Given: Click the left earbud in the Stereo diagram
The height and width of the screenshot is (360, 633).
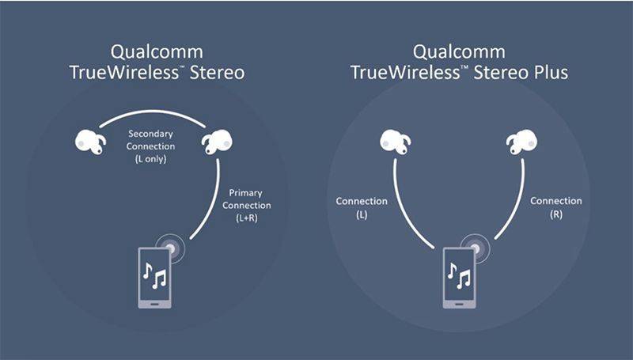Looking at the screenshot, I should pyautogui.click(x=89, y=142).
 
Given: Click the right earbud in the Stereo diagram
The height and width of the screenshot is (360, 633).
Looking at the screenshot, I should pyautogui.click(x=216, y=143).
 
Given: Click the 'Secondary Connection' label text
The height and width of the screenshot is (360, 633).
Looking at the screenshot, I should pyautogui.click(x=151, y=141).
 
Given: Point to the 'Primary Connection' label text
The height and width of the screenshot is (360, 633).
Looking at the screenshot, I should pyautogui.click(x=246, y=199).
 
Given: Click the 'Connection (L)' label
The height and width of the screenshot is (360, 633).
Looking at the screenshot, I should pyautogui.click(x=361, y=207).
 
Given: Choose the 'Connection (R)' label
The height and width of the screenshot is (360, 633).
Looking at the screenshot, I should pyautogui.click(x=555, y=207).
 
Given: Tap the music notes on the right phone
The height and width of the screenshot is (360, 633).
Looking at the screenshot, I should pyautogui.click(x=458, y=277).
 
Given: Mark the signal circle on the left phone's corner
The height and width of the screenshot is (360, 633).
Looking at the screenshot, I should pyautogui.click(x=172, y=247).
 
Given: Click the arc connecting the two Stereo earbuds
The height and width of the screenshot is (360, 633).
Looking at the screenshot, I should pyautogui.click(x=152, y=112).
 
